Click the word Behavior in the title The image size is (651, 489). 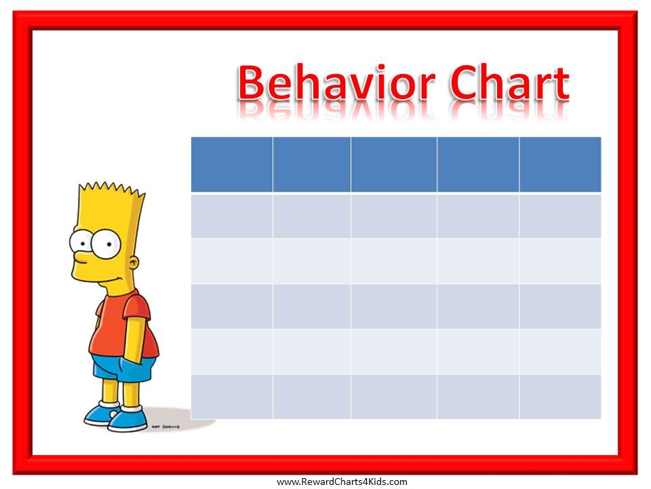click(337, 82)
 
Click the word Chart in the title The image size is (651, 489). click(509, 82)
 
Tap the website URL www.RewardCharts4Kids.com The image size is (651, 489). click(342, 482)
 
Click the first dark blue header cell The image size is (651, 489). click(232, 164)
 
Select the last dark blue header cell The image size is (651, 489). click(560, 164)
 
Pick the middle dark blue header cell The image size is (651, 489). click(393, 164)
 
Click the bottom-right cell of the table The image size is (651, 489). click(560, 397)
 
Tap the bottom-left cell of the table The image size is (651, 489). click(232, 397)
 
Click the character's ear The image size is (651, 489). click(134, 264)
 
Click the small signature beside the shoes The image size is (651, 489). click(165, 427)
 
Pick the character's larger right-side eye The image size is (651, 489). click(106, 244)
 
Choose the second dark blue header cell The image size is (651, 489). click(312, 164)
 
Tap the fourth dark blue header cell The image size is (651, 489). click(478, 164)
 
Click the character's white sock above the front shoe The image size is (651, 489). click(132, 409)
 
